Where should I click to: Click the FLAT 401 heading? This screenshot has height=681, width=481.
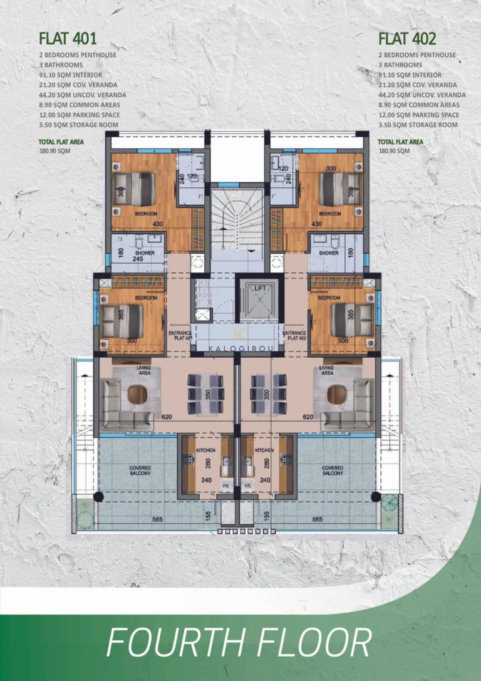click(x=68, y=38)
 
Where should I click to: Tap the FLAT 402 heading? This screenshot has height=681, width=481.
click(x=407, y=38)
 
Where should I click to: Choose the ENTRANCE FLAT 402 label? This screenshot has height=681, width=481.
click(x=294, y=336)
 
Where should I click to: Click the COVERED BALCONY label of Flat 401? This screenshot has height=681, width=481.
click(x=140, y=470)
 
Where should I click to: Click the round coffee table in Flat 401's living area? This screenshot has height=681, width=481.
click(x=138, y=395)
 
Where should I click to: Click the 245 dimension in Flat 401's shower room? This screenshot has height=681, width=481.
click(x=138, y=257)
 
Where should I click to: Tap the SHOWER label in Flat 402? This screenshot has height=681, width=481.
click(x=328, y=253)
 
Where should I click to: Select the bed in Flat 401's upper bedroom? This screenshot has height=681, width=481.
click(x=135, y=189)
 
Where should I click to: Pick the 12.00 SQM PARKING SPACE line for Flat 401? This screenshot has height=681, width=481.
click(x=79, y=115)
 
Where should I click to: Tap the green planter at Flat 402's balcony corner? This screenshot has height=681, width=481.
click(x=388, y=504)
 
